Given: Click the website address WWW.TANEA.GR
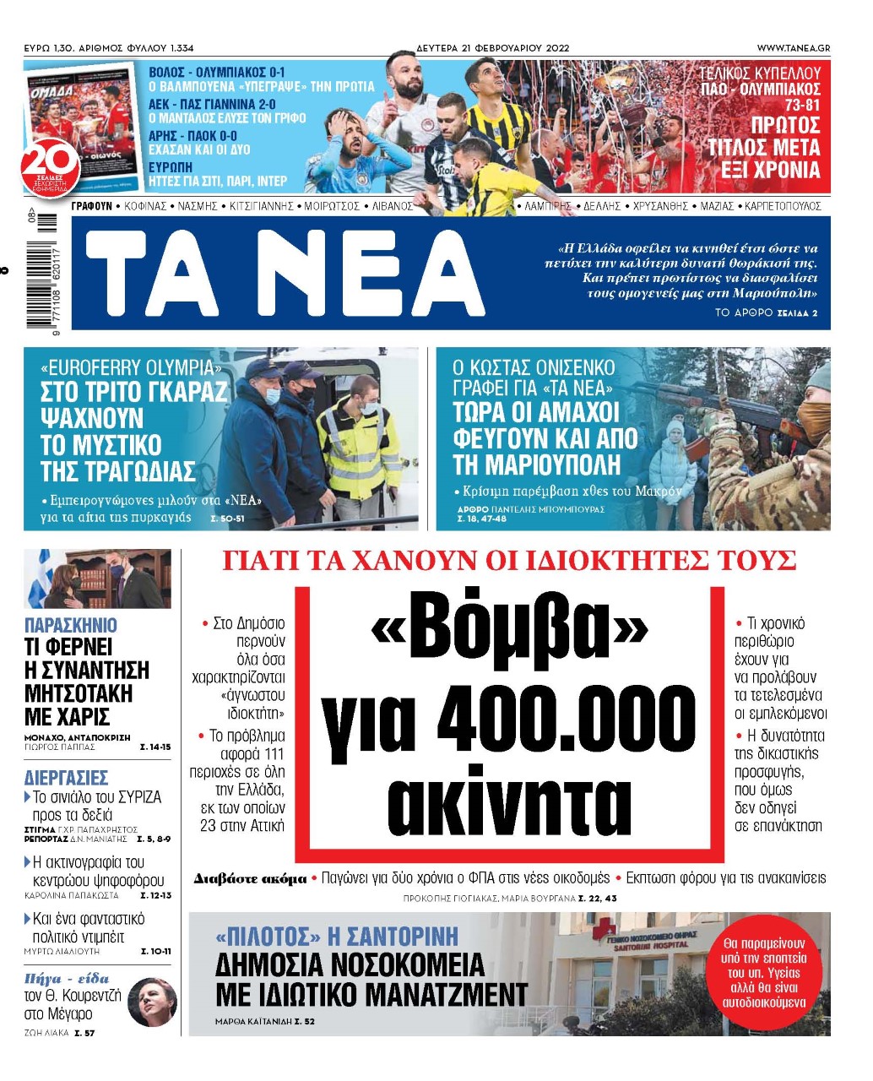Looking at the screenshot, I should coord(793,48).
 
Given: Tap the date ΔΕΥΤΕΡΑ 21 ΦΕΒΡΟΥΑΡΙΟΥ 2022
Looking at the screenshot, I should coord(492,48).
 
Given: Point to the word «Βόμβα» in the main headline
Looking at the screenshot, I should coord(509,630).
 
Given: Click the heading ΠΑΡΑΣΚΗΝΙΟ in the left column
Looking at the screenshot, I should coord(71,626).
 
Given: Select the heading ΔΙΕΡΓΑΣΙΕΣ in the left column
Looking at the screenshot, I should coord(66,777).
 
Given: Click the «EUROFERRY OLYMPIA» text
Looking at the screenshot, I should coord(128,368).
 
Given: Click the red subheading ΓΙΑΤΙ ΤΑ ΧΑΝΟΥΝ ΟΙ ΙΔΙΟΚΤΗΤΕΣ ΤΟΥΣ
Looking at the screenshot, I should coord(509,561).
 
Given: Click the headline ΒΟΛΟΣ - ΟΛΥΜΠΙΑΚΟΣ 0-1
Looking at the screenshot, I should coord(217,73).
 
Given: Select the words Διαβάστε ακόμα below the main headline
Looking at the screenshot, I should coord(250,879).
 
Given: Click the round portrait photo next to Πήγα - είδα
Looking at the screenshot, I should coord(152,1002).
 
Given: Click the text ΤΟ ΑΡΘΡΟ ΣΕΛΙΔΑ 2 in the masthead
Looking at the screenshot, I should coord(766,312).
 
